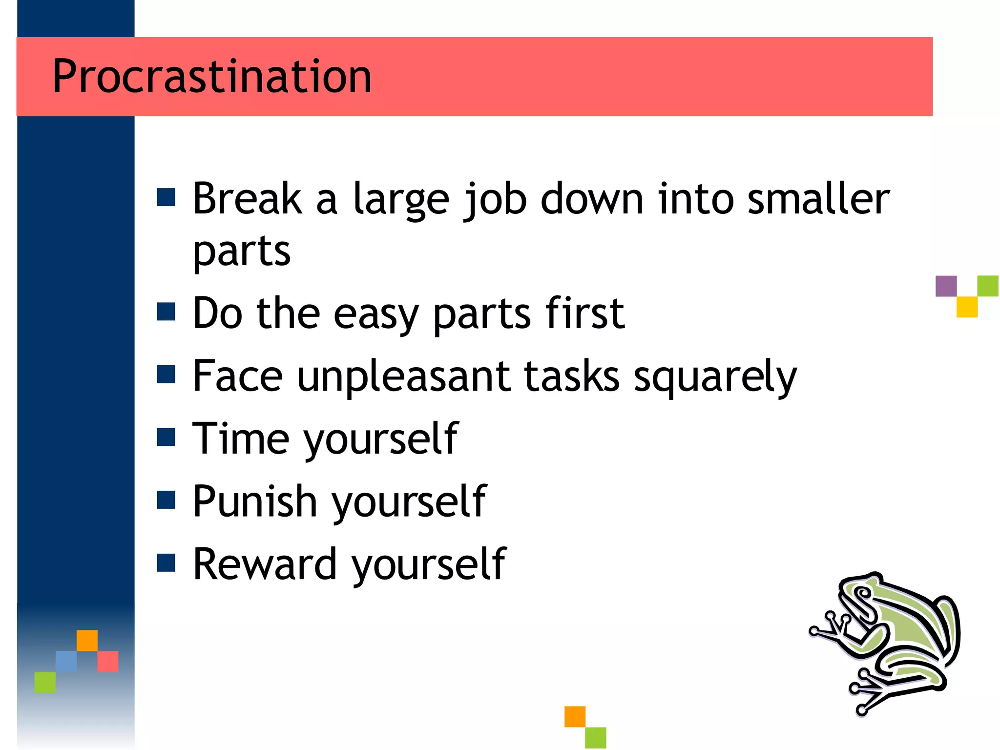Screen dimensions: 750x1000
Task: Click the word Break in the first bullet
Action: (247, 199)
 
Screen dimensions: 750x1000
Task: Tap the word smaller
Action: (818, 199)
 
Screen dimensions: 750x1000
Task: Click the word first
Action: (585, 313)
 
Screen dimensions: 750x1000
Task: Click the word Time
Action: (240, 438)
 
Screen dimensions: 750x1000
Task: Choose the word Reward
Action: (265, 564)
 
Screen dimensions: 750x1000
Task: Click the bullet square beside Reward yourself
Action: (166, 562)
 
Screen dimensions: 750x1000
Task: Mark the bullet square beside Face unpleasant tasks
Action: (166, 375)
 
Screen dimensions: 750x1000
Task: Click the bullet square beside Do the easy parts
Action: (166, 312)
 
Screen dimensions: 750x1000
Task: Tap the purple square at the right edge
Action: (946, 286)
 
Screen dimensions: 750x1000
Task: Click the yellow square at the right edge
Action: (967, 307)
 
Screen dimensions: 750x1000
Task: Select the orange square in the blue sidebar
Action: (87, 640)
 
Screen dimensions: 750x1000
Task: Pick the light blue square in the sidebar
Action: (66, 661)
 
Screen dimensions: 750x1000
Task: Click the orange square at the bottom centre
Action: (575, 716)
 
